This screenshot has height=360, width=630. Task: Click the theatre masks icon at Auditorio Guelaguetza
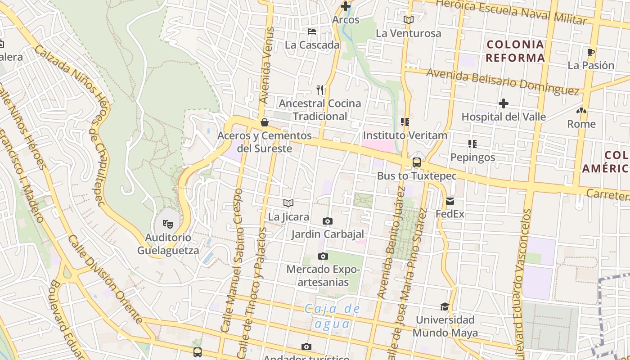pos(168,223)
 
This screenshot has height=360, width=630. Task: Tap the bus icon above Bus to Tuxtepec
pos(417,162)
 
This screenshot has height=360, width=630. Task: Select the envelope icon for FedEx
pos(450,201)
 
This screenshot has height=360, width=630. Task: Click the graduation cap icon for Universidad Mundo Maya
pos(445,306)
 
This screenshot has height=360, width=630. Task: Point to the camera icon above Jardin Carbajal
pos(328,221)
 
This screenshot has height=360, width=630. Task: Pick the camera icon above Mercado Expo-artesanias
pos(323,256)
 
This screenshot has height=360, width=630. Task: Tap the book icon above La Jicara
pos(288,203)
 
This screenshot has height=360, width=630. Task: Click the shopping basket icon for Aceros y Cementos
pos(265,122)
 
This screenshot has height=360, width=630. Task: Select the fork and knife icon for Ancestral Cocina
pos(320,90)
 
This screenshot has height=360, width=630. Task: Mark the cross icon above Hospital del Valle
pos(504,104)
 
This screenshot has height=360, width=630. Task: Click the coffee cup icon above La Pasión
pos(591,52)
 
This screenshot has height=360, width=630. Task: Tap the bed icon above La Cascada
pos(312,31)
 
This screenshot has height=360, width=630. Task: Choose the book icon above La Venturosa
pos(408,20)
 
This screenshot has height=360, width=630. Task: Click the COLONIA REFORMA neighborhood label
pos(515,51)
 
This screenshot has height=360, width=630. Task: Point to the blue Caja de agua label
pos(333,316)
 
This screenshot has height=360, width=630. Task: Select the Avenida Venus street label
pos(267,66)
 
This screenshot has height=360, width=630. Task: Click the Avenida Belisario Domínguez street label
pos(502,81)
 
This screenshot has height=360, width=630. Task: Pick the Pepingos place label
pos(472,157)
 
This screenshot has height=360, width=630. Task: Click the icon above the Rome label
pos(581,111)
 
